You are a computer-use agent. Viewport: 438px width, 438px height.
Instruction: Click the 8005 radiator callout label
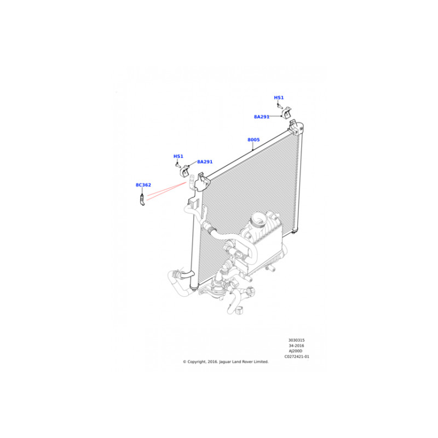pyautogui.click(x=253, y=140)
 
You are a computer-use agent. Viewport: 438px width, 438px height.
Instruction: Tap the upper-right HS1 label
pyautogui.click(x=279, y=97)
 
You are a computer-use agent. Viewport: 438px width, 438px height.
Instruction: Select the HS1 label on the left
pyautogui.click(x=178, y=156)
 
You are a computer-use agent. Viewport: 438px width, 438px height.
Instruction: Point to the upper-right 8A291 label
pyautogui.click(x=262, y=117)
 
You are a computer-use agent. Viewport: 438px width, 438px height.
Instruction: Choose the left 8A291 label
pyautogui.click(x=205, y=162)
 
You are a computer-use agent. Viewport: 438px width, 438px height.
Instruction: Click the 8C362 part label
pyautogui.click(x=143, y=185)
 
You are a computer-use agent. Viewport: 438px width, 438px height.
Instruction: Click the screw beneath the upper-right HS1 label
pyautogui.click(x=280, y=106)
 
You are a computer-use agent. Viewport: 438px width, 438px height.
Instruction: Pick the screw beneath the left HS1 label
pyautogui.click(x=178, y=165)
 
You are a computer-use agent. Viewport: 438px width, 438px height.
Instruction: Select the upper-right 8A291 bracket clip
pyautogui.click(x=287, y=112)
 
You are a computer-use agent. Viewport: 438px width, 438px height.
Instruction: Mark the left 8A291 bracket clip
pyautogui.click(x=185, y=171)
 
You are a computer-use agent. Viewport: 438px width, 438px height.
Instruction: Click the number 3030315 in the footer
pyautogui.click(x=296, y=340)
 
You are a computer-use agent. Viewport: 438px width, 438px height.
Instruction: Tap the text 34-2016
pyautogui.click(x=296, y=345)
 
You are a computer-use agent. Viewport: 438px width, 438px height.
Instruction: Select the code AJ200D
pyautogui.click(x=296, y=351)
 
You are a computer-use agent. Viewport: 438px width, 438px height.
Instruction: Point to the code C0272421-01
pyautogui.click(x=297, y=356)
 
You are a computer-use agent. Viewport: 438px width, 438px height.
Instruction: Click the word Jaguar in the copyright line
pyautogui.click(x=225, y=362)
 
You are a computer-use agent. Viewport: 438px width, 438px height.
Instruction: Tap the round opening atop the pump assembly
pyautogui.click(x=258, y=219)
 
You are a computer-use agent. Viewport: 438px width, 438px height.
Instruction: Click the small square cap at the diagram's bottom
pyautogui.click(x=239, y=310)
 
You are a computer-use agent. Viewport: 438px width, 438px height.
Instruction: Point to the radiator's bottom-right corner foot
pyautogui.click(x=294, y=231)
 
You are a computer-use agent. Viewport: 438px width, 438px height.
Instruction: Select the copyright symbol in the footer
pyautogui.click(x=185, y=362)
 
